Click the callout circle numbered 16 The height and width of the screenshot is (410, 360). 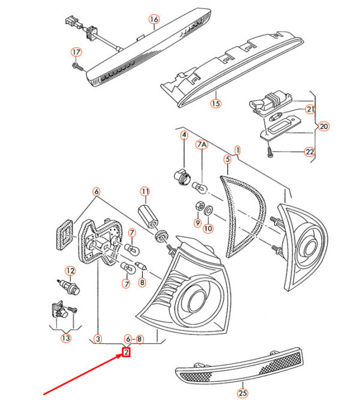[154, 20]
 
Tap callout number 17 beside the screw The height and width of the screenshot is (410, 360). [76, 52]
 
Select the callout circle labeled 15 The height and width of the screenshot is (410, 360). [215, 103]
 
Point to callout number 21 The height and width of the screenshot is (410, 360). [310, 109]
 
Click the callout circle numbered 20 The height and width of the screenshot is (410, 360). [323, 127]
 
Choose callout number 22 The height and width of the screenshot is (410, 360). [310, 152]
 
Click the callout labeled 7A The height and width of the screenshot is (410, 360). [202, 145]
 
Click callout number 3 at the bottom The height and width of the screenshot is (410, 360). [98, 339]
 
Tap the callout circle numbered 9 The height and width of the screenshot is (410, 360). [196, 223]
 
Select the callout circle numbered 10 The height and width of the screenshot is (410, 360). [208, 228]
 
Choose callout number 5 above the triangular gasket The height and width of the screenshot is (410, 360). [227, 160]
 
